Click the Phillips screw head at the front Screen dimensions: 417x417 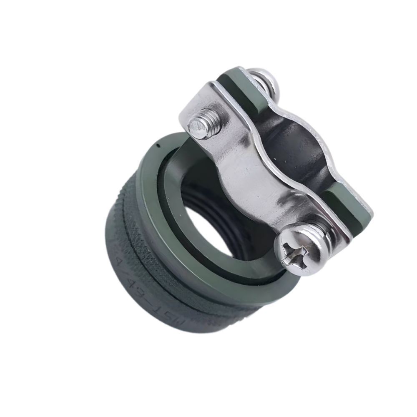302,250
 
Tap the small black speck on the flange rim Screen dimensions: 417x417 159,146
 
